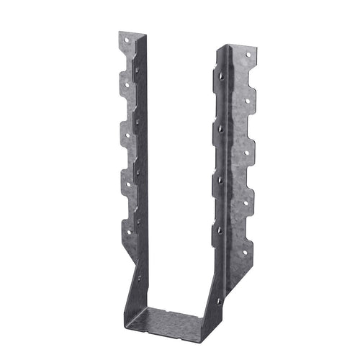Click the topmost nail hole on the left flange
pyautogui.click(x=130, y=45)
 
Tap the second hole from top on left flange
pyautogui.click(x=126, y=84)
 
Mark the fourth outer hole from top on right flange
pyautogui.click(x=246, y=203)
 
